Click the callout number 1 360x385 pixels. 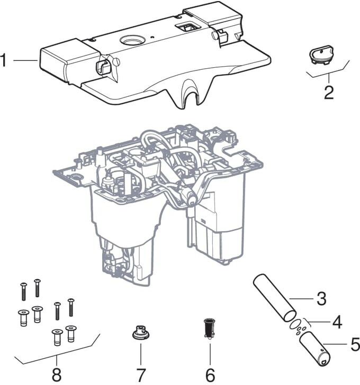coord(3,60)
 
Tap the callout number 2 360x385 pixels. coord(329,93)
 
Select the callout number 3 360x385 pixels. coord(321,299)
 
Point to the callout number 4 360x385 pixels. coord(337,322)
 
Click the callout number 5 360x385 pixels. coord(354,344)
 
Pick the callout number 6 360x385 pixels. coord(210,374)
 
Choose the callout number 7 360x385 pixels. coord(141,374)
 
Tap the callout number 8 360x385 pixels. coord(57,374)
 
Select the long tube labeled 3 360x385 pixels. coord(274,298)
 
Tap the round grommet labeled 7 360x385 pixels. coord(141,332)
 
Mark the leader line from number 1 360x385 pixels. coord(25,60)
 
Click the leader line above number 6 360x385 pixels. coord(210,354)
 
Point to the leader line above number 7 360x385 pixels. coord(141,354)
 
